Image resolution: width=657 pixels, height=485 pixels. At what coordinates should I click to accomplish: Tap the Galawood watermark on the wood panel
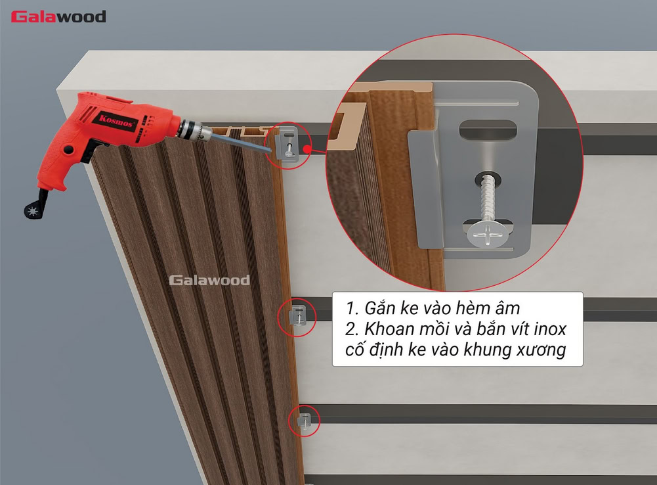[x=209, y=281]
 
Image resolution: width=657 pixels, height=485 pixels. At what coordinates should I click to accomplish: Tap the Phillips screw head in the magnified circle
[x=487, y=233]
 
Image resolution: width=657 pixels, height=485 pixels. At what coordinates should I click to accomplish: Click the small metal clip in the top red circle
[x=287, y=145]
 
